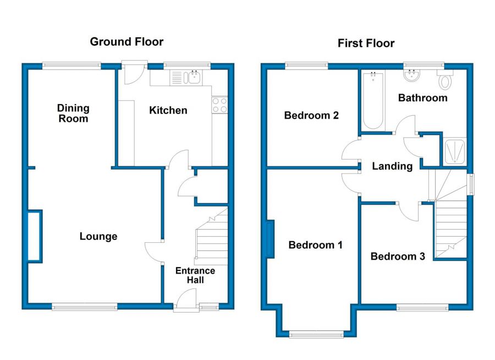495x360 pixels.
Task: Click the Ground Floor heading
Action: pos(127,42)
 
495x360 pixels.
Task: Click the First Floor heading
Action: pos(366,43)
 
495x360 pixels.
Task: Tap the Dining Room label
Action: pos(73,113)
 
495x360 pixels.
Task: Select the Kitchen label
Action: pos(168,111)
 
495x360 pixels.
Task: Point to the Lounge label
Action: pos(98,237)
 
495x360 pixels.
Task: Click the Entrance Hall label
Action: pos(195,275)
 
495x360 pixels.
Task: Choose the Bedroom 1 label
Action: pos(315,245)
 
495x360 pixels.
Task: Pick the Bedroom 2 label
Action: pos(311,116)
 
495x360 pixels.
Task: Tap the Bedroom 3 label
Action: pos(398,257)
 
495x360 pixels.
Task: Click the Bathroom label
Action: pos(422,98)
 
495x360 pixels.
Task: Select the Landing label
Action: pos(392,166)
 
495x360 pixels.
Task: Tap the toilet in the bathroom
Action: pos(446,80)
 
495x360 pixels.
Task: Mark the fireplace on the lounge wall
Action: pos(35,236)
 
